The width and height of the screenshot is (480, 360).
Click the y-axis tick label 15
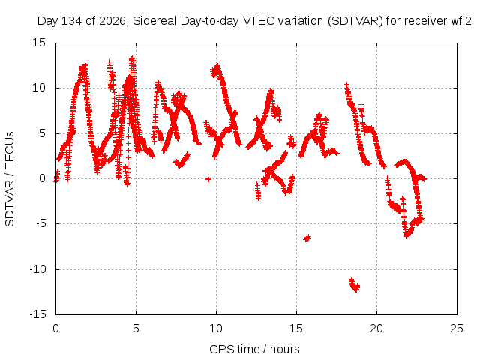pyautogui.click(x=39, y=43)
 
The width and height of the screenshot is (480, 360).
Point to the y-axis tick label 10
pyautogui.click(x=39, y=88)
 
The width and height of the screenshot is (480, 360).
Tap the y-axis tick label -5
pyautogui.click(x=40, y=223)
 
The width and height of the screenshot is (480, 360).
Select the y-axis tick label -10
pyautogui.click(x=37, y=269)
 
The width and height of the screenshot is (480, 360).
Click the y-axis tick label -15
pyautogui.click(x=37, y=314)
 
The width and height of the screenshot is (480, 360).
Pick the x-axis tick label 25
pyautogui.click(x=457, y=328)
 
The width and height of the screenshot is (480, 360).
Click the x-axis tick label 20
pyautogui.click(x=376, y=328)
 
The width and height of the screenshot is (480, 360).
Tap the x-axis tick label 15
pyautogui.click(x=296, y=328)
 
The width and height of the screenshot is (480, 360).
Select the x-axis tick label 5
pyautogui.click(x=136, y=328)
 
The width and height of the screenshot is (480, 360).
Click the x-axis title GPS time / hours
pyautogui.click(x=254, y=349)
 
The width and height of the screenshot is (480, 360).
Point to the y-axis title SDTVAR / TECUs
pyautogui.click(x=10, y=179)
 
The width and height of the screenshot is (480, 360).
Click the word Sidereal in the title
pyautogui.click(x=154, y=21)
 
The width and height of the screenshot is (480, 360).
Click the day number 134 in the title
pyautogui.click(x=72, y=21)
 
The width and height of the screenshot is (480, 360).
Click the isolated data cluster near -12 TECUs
pyautogui.click(x=355, y=285)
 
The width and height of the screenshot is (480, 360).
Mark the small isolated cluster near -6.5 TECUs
pyautogui.click(x=307, y=238)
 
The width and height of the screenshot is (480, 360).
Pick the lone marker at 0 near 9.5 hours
pyautogui.click(x=208, y=178)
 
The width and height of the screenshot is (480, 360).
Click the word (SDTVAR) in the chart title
pyautogui.click(x=355, y=21)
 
